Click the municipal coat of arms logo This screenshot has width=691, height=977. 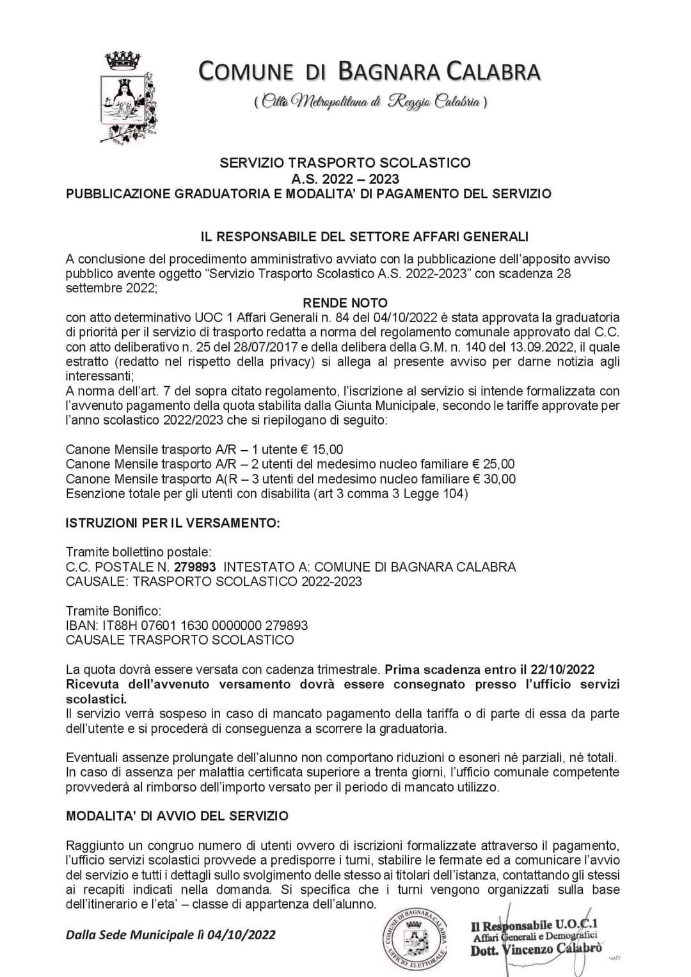pyautogui.click(x=127, y=96)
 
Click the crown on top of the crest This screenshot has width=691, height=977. pyautogui.click(x=125, y=61)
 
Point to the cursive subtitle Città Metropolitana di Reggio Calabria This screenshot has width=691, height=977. pyautogui.click(x=370, y=101)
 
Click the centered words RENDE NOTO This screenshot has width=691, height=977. pyautogui.click(x=345, y=302)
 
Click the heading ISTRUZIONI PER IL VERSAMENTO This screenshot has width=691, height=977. pyautogui.click(x=173, y=523)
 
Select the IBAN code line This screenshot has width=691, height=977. pyautogui.click(x=187, y=625)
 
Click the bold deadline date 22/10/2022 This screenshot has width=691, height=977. pyautogui.click(x=562, y=669)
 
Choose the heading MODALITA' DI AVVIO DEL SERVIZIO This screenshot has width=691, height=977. pyautogui.click(x=177, y=816)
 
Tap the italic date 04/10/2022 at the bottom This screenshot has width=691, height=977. pyautogui.click(x=237, y=935)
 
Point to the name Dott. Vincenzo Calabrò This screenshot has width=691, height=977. pyautogui.click(x=536, y=950)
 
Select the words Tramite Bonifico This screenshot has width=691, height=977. pyautogui.click(x=114, y=611)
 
